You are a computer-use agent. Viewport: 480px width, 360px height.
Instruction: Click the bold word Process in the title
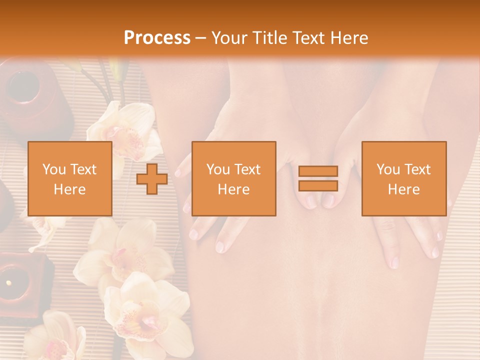coord(157,38)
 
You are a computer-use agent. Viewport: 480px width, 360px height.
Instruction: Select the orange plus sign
coord(152,178)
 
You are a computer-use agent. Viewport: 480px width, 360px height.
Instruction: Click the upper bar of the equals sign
coord(318,171)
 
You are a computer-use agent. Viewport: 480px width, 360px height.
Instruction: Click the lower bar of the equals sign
coord(318,186)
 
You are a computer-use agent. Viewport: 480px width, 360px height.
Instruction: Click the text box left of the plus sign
coord(69,178)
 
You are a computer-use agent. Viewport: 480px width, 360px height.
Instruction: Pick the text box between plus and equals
coord(233,178)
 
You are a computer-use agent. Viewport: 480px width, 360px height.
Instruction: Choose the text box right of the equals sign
coord(403,178)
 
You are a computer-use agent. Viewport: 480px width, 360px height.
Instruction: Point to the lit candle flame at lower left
coord(8,283)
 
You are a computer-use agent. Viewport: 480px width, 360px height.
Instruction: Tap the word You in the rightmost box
coord(388,169)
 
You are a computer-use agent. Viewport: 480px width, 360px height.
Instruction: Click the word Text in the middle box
coord(248,169)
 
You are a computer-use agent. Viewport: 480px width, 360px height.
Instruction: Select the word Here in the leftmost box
coord(69,189)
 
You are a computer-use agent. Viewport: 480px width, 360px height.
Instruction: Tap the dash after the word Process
coord(200,38)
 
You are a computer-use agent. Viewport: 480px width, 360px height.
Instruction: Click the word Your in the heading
coord(230,38)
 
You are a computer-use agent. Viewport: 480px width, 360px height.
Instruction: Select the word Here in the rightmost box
coord(403,189)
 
